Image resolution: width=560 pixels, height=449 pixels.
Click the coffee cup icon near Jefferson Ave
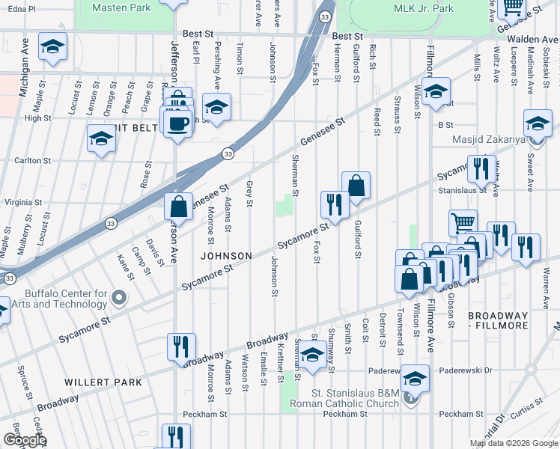(177, 123)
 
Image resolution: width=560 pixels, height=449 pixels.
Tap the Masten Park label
(121, 7)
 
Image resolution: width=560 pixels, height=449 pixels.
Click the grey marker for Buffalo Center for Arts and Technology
(118, 299)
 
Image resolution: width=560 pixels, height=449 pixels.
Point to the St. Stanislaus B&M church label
(361, 392)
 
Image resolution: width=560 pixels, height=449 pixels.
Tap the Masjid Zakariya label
(488, 139)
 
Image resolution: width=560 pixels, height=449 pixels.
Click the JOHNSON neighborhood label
(226, 256)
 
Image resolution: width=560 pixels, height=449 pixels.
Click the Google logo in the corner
(24, 440)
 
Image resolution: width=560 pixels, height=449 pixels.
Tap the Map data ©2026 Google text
(513, 443)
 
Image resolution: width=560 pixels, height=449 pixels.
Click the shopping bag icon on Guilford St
(356, 186)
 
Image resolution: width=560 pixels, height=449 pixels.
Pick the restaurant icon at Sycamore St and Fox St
(335, 204)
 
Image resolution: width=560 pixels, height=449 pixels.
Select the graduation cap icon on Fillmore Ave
(435, 91)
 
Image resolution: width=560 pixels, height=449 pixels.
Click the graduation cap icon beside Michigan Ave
(52, 46)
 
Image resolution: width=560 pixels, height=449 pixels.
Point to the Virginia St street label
(24, 202)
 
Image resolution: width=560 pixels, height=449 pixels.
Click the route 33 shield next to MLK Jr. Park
(323, 16)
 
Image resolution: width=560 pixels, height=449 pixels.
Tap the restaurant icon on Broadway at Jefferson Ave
(181, 347)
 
